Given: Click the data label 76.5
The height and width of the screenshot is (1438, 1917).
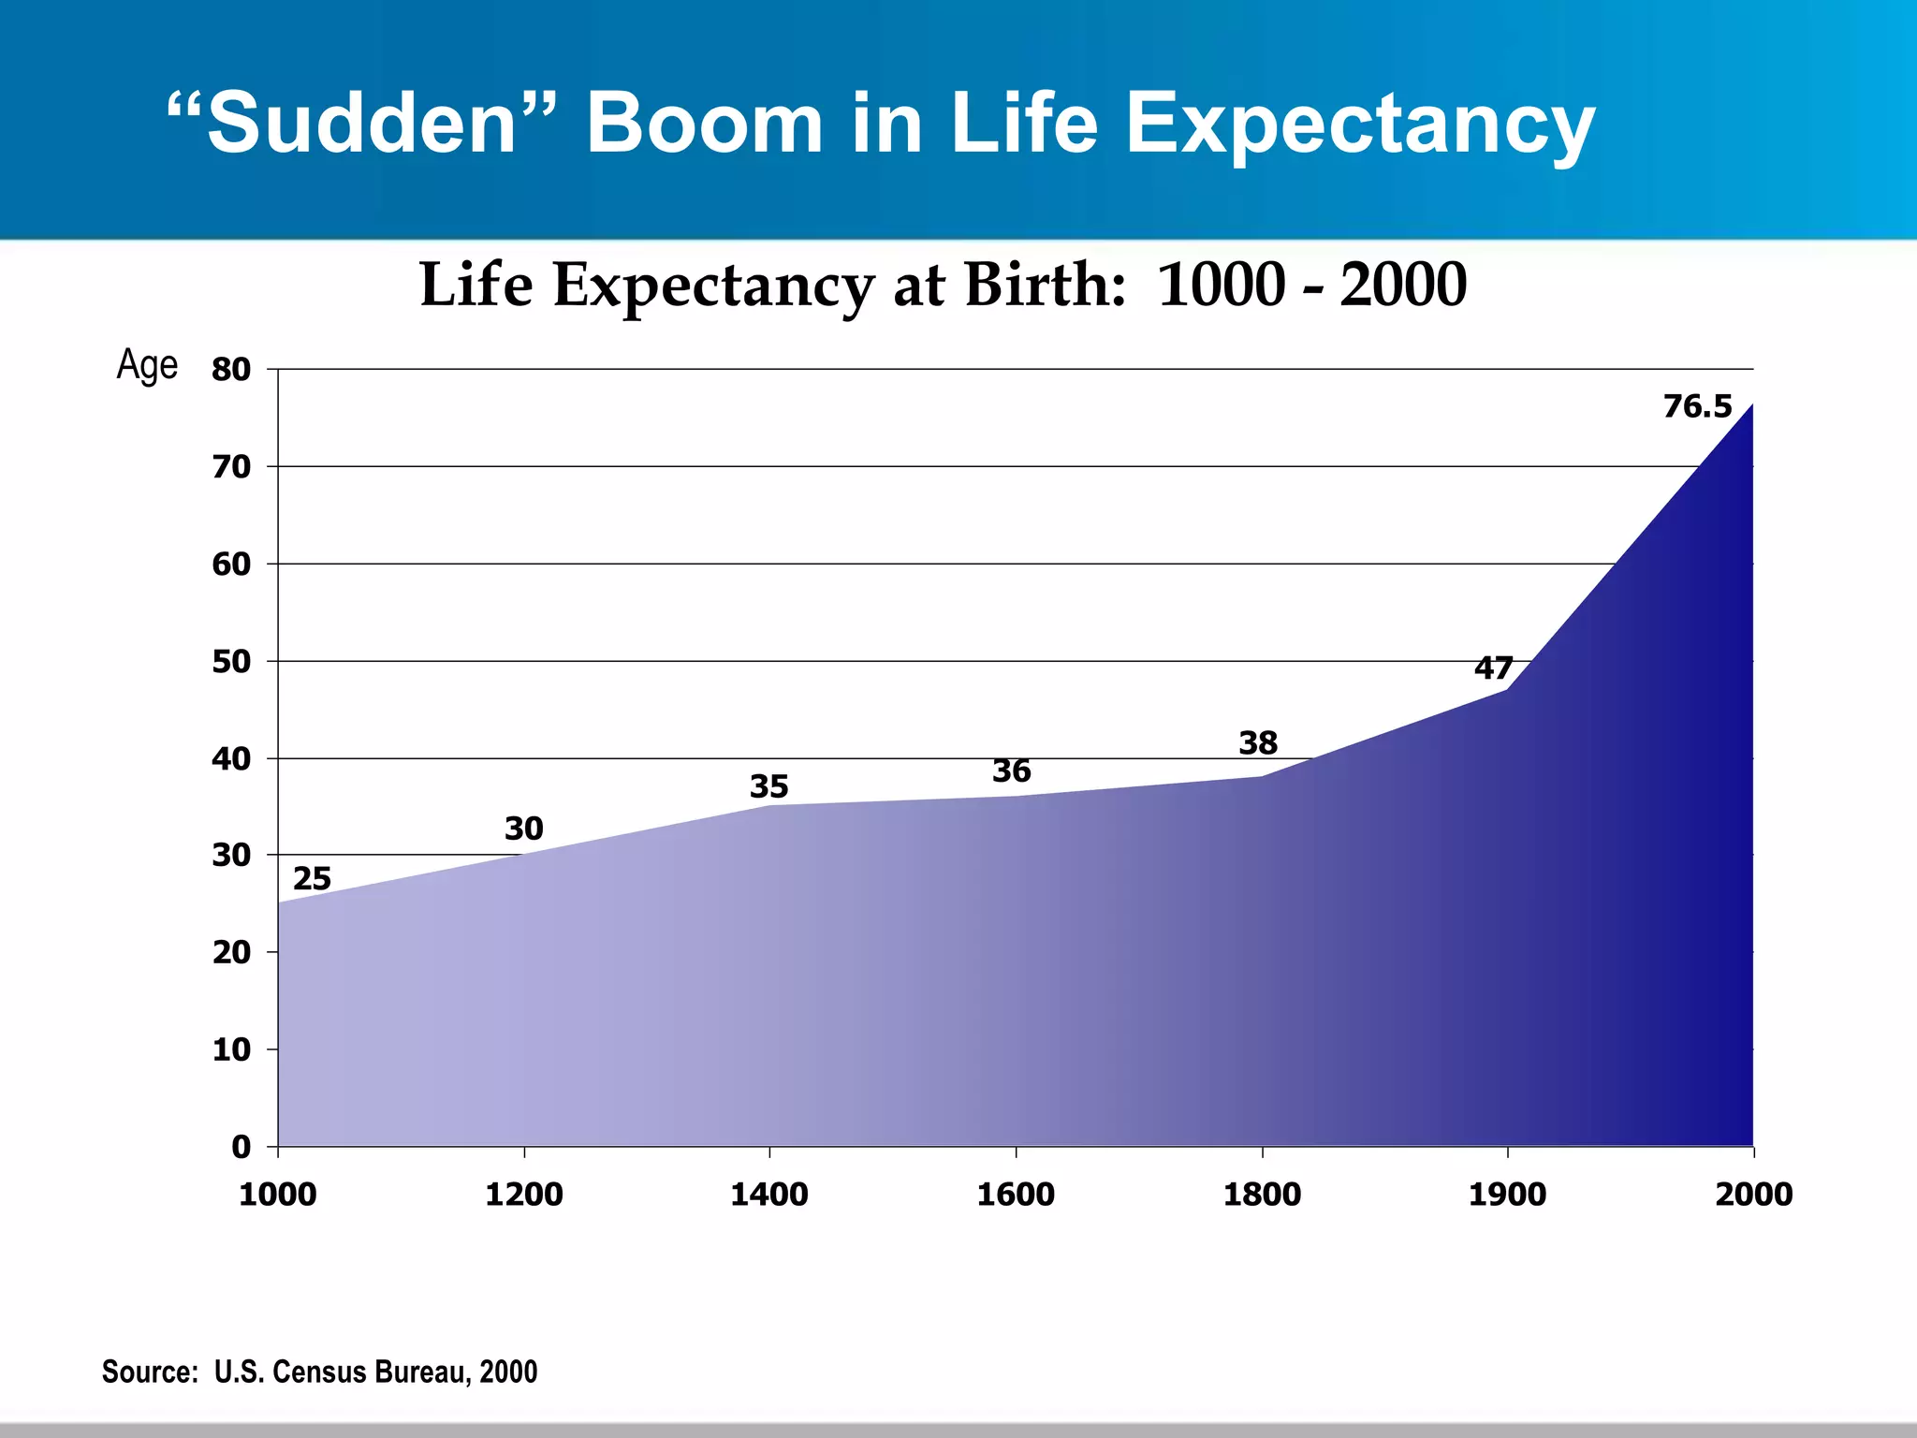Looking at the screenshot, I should tap(1697, 407).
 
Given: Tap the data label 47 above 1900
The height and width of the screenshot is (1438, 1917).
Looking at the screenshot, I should tap(1493, 668).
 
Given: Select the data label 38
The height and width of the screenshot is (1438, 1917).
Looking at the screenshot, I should tap(1258, 743).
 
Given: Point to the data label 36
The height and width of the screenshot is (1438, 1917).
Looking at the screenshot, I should tap(1011, 771).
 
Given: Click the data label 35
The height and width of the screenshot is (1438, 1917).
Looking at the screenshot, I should tap(768, 786).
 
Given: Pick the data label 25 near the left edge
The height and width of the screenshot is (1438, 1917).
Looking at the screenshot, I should tap(312, 879).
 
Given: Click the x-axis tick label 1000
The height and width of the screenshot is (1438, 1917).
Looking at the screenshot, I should tap(277, 1195).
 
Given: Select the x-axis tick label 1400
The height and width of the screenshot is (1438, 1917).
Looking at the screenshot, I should tap(768, 1195).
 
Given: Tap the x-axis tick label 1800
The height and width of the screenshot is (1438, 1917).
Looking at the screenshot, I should tap(1262, 1195).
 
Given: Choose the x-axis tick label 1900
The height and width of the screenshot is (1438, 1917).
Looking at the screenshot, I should tap(1507, 1195).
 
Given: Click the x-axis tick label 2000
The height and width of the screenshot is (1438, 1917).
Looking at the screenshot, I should tap(1753, 1195).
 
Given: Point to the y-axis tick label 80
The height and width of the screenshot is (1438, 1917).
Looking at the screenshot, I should tap(231, 370).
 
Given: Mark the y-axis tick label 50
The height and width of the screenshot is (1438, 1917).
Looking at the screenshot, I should tap(231, 662).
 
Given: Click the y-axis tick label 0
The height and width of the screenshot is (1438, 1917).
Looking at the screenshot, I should tap(241, 1147).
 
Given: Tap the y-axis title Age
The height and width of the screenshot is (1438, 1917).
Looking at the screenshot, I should tap(147, 365).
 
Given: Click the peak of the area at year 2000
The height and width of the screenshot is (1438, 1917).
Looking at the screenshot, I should tap(1752, 405).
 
